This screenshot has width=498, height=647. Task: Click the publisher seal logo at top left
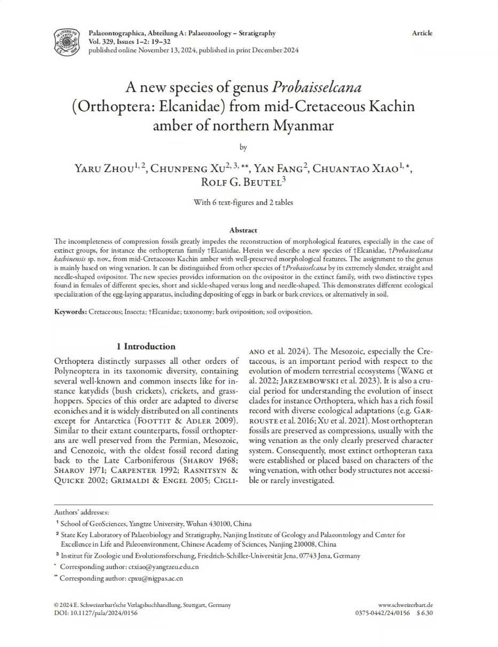click(67, 42)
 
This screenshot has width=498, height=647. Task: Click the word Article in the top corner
click(422, 33)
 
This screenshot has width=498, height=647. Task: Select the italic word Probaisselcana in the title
click(317, 87)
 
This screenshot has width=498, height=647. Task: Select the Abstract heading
click(243, 230)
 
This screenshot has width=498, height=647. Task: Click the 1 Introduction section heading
click(146, 346)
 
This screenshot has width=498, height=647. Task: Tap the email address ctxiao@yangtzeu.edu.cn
click(163, 567)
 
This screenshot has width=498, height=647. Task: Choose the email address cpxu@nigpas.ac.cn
click(155, 578)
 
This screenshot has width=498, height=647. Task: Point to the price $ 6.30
click(424, 613)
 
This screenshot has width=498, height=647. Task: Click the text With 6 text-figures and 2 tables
click(243, 202)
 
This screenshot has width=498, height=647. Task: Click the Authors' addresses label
click(81, 512)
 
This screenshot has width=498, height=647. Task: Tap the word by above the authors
click(243, 147)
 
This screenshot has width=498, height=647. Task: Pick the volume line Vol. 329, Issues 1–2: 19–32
click(129, 42)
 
